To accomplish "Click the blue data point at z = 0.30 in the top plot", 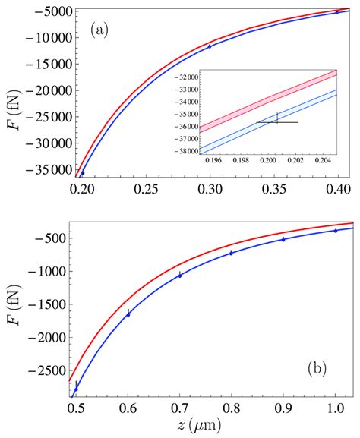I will pos(210,46).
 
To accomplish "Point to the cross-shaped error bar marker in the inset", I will pos(277,121).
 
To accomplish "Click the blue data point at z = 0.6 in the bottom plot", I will pos(128,313).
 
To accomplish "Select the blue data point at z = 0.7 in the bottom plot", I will pos(179,275).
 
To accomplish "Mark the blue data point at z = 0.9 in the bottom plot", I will pos(283,239).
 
